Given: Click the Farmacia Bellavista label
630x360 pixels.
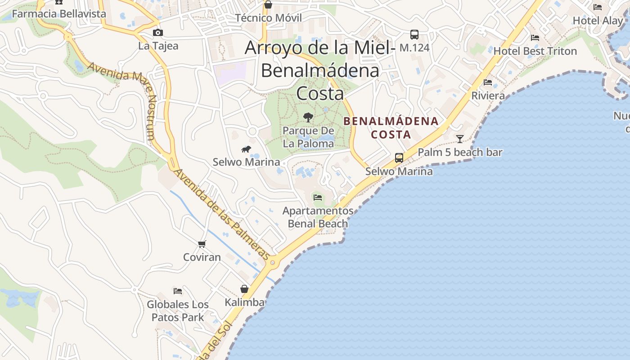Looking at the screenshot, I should click(x=59, y=13).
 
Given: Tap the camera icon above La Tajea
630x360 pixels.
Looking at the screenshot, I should click(x=157, y=32).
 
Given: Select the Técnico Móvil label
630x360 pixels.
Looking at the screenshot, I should click(x=269, y=18).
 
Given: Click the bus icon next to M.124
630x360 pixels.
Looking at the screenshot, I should click(x=414, y=34).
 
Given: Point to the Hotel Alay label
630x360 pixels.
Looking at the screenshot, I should click(x=598, y=20).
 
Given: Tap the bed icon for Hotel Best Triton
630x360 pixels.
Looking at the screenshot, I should click(x=535, y=38).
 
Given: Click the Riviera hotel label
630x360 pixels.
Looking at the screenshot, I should click(x=488, y=95).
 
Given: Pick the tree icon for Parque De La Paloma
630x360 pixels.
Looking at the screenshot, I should click(x=308, y=117).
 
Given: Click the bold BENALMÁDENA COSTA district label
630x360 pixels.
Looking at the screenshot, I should click(x=391, y=127).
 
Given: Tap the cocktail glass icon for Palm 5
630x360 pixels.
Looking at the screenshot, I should click(x=459, y=139).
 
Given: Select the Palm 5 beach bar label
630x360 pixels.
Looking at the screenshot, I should click(x=460, y=152).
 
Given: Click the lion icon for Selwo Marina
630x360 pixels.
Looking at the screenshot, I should click(x=246, y=149).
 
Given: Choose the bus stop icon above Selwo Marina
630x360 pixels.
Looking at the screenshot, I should click(x=399, y=158).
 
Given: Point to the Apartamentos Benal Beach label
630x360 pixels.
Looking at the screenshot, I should click(x=318, y=217).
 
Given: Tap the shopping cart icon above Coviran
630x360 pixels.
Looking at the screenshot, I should click(x=202, y=244).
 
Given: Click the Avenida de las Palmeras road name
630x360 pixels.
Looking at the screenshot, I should click(x=222, y=214).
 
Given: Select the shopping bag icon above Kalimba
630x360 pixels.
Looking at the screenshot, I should click(x=244, y=288).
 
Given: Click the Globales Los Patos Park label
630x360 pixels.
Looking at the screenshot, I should click(x=178, y=310).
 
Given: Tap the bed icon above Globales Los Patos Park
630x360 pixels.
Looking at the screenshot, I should click(x=178, y=291).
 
